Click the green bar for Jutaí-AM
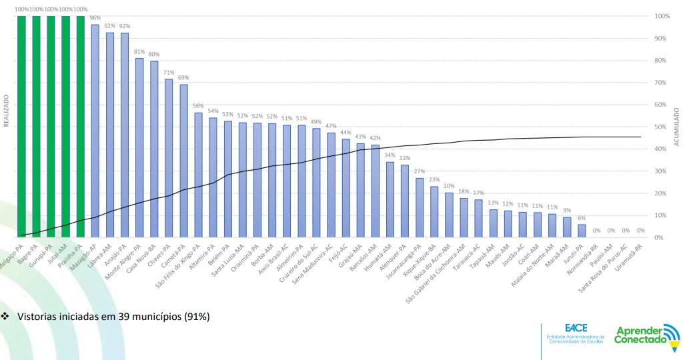click(65, 127)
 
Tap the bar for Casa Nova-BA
click(154, 149)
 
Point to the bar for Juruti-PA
click(582, 231)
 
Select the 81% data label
click(139, 52)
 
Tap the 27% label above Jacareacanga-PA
click(420, 171)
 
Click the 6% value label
click(582, 218)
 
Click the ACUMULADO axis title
click(676, 127)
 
